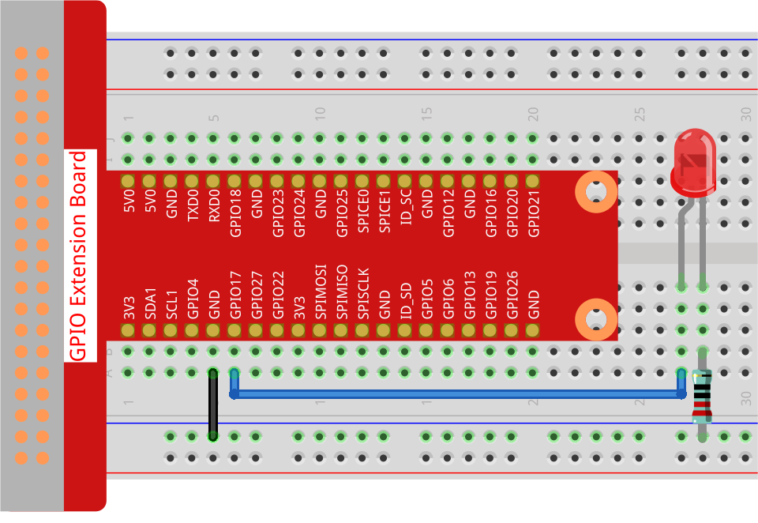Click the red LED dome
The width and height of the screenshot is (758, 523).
click(x=693, y=162)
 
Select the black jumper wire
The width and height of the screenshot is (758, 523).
click(x=212, y=404)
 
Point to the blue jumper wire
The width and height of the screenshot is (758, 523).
click(x=458, y=393)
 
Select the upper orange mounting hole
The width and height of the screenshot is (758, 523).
click(x=595, y=192)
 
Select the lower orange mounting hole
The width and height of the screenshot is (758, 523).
click(x=595, y=320)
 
